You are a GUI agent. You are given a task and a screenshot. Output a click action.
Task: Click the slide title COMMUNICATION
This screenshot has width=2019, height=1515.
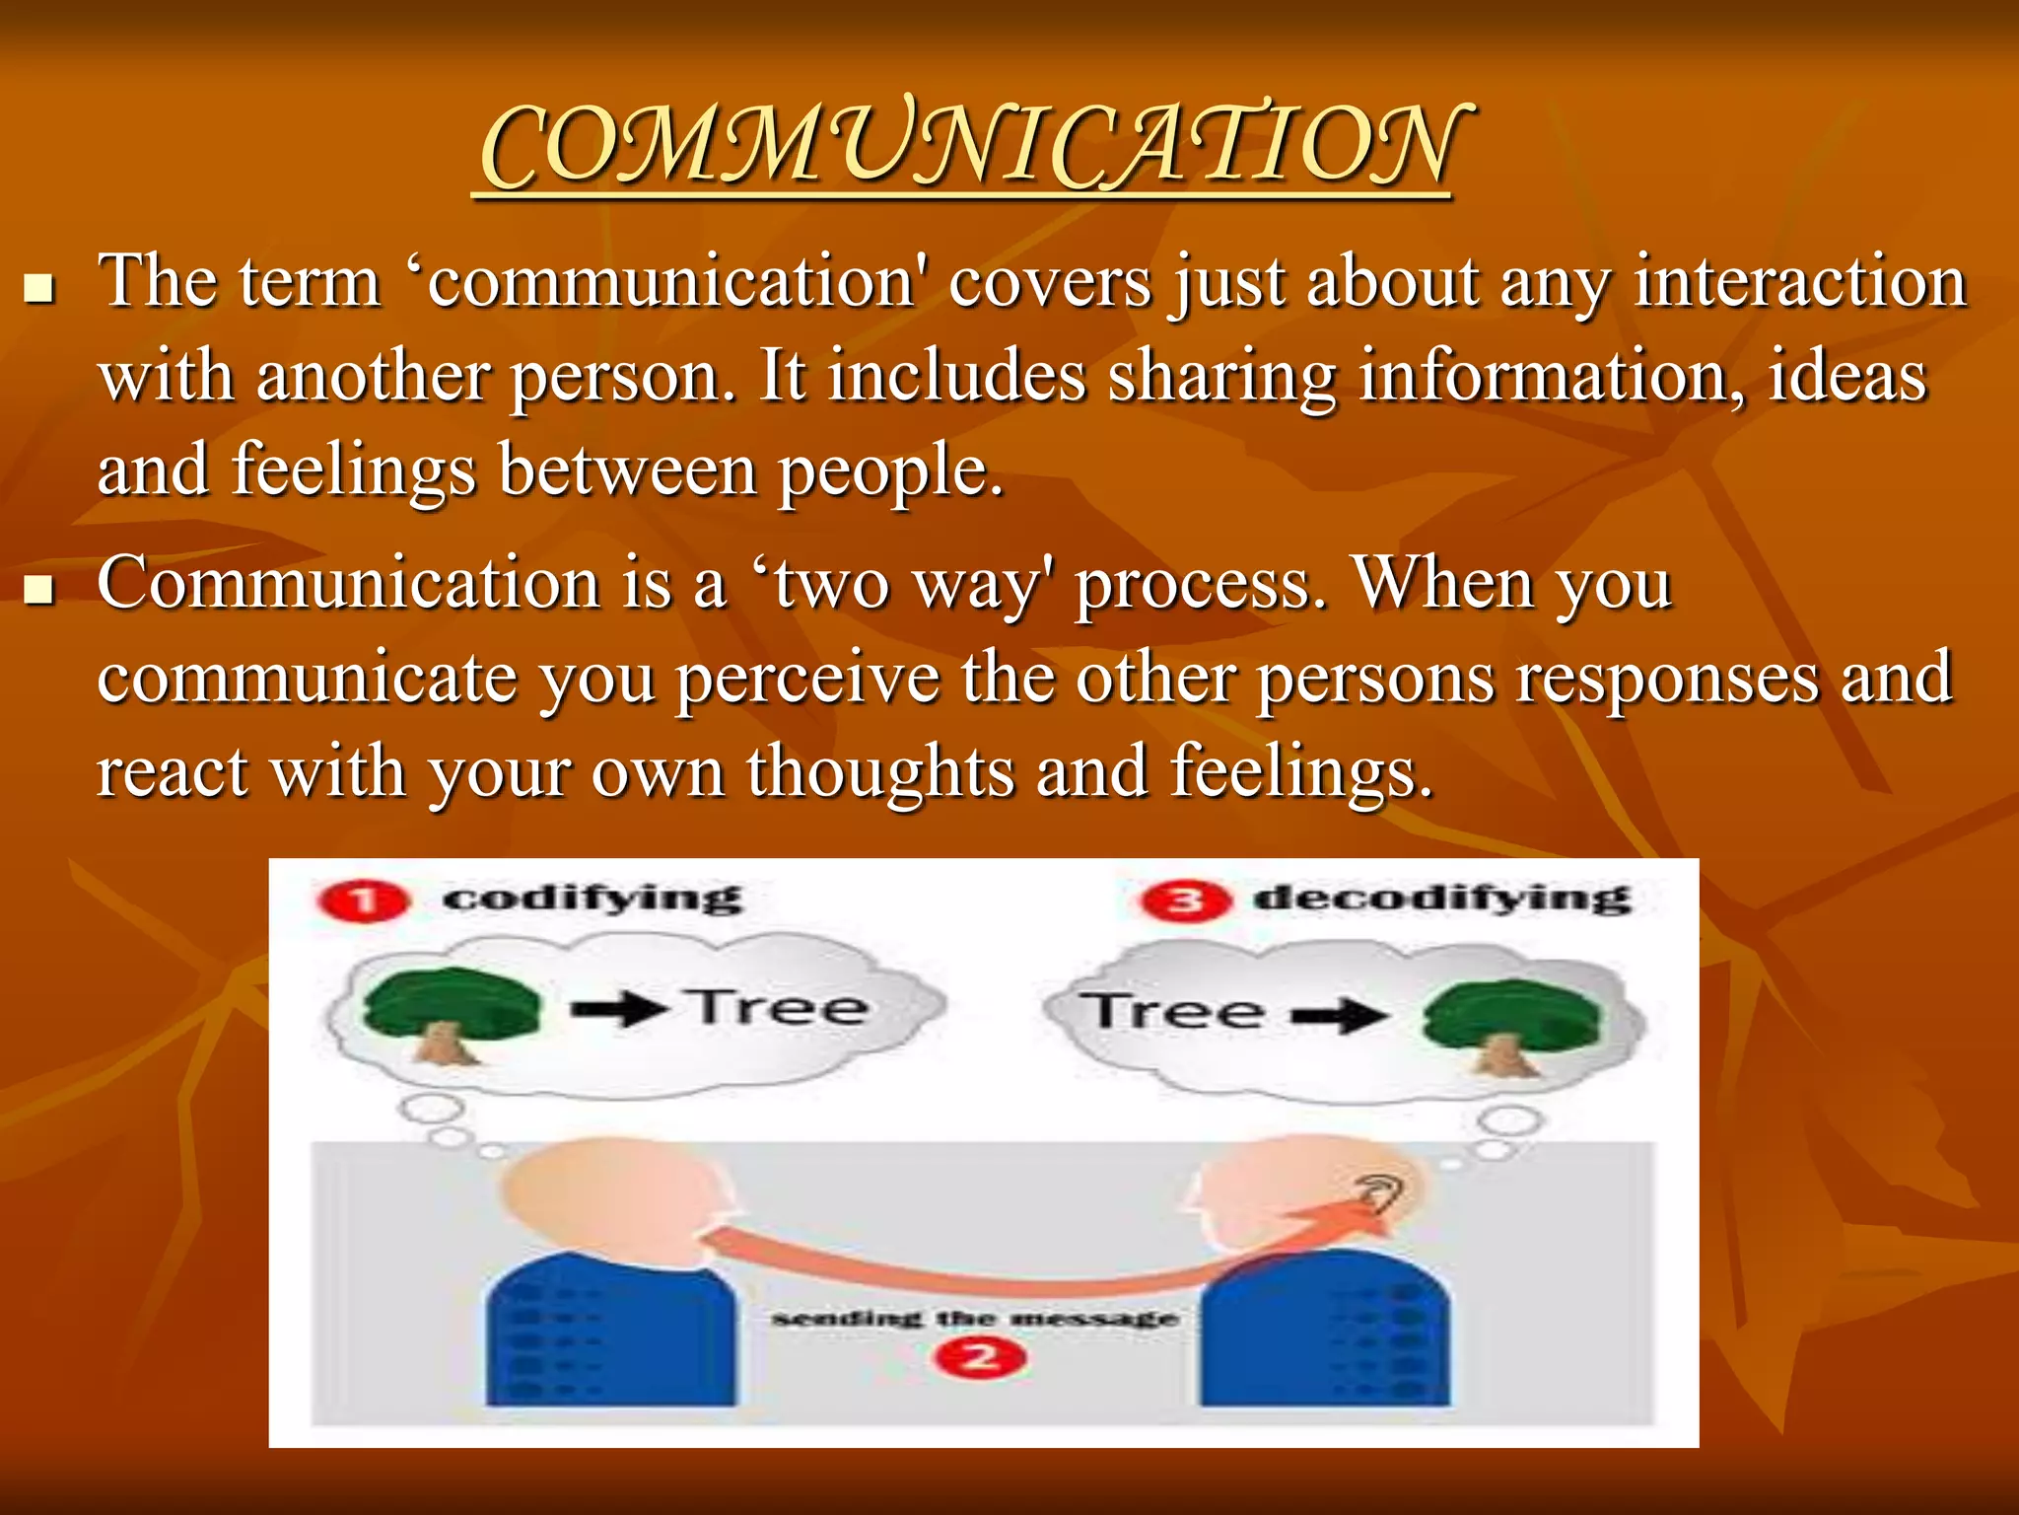pyautogui.click(x=971, y=148)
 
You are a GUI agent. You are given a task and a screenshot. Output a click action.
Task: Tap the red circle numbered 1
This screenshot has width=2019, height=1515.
pyautogui.click(x=362, y=902)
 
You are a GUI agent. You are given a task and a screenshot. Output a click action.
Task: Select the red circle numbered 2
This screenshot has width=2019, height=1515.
pyautogui.click(x=980, y=1358)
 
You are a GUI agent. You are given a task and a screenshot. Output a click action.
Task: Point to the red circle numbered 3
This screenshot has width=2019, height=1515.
pyautogui.click(x=1185, y=902)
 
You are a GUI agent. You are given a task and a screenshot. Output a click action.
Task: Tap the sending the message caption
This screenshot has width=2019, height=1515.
pyautogui.click(x=974, y=1319)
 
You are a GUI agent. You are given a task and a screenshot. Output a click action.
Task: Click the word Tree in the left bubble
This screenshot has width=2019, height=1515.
pyautogui.click(x=779, y=1008)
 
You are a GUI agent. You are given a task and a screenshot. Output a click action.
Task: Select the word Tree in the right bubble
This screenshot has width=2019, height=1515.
pyautogui.click(x=1171, y=1012)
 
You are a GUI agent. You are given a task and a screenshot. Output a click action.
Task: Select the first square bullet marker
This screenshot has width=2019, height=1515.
pyautogui.click(x=39, y=289)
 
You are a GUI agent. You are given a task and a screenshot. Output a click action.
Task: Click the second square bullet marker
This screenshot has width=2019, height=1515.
pyautogui.click(x=39, y=590)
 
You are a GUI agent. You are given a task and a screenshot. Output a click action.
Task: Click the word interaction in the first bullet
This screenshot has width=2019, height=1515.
pyautogui.click(x=1800, y=283)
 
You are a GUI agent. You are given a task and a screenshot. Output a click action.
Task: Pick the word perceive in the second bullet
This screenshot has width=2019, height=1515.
pyautogui.click(x=807, y=679)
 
